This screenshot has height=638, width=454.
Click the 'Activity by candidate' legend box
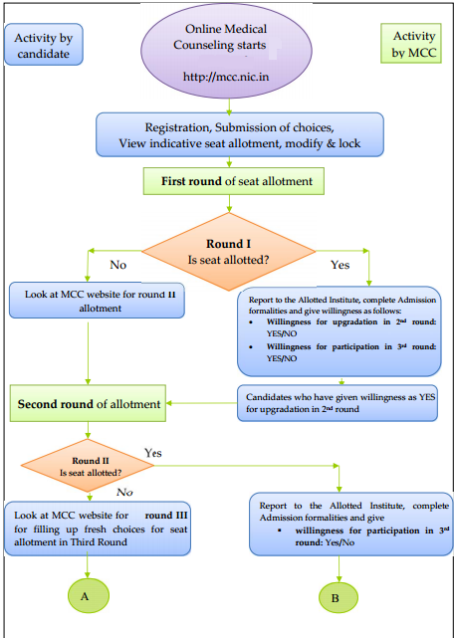pyautogui.click(x=43, y=45)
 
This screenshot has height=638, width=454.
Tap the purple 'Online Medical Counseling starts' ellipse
pyautogui.click(x=231, y=50)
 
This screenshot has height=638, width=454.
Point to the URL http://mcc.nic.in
pyautogui.click(x=231, y=76)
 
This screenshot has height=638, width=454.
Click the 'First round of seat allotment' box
pyautogui.click(x=229, y=181)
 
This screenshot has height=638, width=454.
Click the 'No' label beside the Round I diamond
pyautogui.click(x=117, y=265)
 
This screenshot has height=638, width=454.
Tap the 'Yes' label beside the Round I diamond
pyautogui.click(x=340, y=265)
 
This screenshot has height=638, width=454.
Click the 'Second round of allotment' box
pyautogui.click(x=90, y=404)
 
